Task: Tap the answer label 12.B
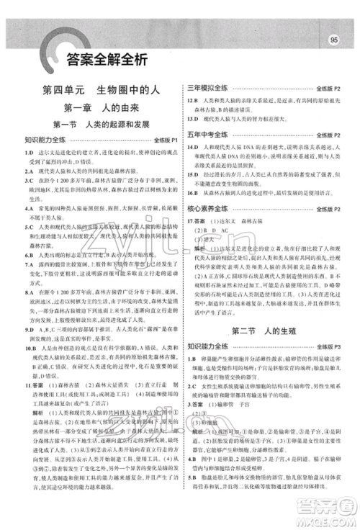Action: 192,101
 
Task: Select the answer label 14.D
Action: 192,148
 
